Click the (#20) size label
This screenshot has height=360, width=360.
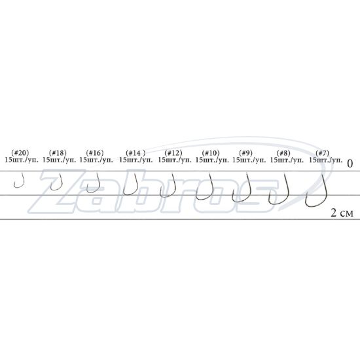[20, 153]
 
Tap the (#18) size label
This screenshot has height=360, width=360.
[58, 153]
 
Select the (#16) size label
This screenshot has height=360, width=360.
[95, 153]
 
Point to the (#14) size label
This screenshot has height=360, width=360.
[135, 153]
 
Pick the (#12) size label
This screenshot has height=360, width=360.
[173, 153]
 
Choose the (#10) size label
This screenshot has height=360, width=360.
[211, 153]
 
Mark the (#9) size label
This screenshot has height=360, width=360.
[245, 153]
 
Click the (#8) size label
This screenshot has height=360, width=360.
[283, 153]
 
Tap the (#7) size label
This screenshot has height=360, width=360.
[322, 153]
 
